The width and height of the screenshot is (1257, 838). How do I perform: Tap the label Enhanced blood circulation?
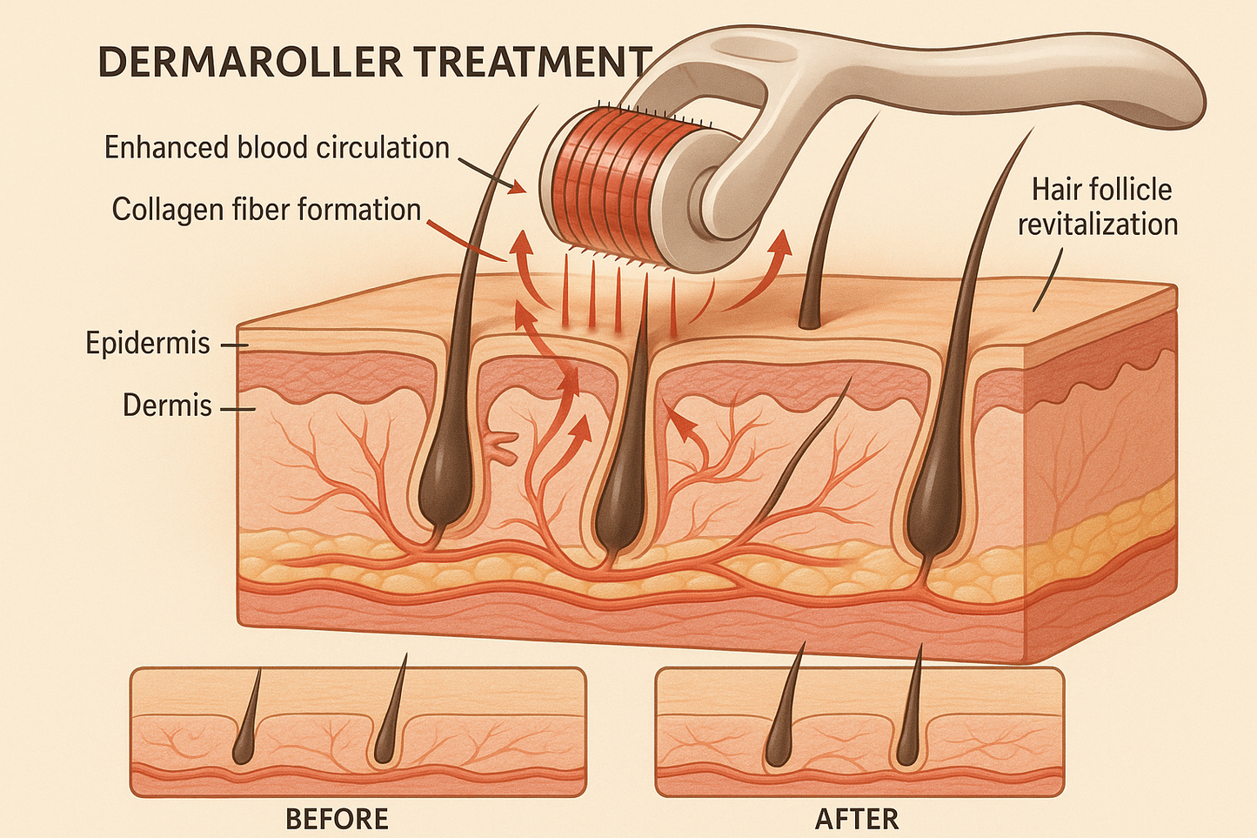tap(277, 147)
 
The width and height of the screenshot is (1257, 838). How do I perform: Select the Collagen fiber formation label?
tap(266, 210)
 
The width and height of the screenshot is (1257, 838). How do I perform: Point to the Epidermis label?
tap(148, 343)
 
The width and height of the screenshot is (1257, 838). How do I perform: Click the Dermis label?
tap(167, 405)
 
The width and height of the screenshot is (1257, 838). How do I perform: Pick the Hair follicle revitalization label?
tap(1098, 207)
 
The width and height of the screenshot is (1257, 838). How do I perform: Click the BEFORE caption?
tap(337, 819)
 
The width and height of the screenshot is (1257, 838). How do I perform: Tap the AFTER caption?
tap(857, 819)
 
